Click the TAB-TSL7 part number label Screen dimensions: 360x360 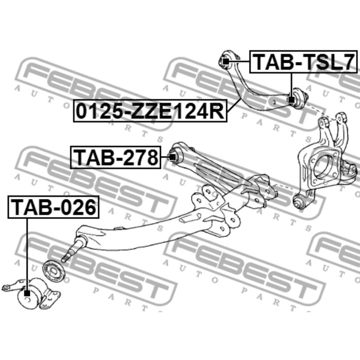(303, 62)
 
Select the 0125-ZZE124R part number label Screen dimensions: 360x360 (150, 111)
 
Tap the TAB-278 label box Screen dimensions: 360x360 (116, 157)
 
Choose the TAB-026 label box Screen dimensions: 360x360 (53, 207)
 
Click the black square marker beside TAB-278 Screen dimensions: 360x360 (172, 157)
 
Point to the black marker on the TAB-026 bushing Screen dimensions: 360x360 (27, 293)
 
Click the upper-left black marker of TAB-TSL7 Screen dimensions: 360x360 (226, 62)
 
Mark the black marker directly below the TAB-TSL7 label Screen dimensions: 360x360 (291, 100)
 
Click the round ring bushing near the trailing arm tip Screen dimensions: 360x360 (54, 271)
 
